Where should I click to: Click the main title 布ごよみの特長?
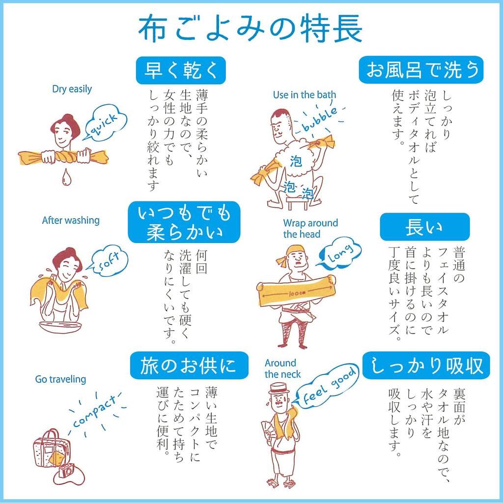point(251,29)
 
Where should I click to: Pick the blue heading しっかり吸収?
point(426,366)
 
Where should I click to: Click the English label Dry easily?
point(72,89)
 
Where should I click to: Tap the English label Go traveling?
point(60,379)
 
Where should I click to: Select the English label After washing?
point(71,221)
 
